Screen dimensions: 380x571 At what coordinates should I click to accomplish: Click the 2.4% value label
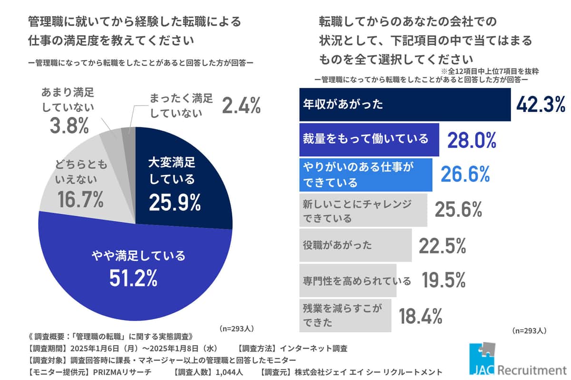242,106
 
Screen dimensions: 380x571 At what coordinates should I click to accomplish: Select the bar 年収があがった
404,104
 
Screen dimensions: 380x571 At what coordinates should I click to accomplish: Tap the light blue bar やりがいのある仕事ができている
365,174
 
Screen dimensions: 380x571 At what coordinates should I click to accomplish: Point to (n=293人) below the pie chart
236,329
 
